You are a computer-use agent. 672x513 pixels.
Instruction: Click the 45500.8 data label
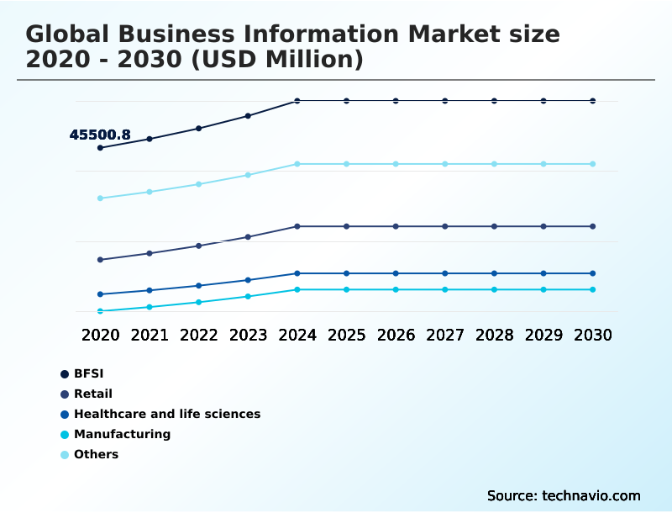[100, 135]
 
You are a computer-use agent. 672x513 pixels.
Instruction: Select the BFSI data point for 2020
[100, 148]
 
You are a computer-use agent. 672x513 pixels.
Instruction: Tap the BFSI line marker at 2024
[297, 101]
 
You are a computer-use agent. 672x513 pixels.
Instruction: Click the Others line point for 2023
[248, 175]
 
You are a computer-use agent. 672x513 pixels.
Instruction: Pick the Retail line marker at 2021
[150, 253]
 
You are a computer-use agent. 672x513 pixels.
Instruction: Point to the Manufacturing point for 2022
[199, 302]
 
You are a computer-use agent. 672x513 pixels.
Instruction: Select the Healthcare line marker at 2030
[593, 273]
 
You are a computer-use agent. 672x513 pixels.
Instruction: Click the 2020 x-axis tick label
[100, 335]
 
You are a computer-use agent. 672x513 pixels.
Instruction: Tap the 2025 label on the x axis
[346, 335]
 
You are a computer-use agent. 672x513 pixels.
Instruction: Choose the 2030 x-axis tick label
[593, 335]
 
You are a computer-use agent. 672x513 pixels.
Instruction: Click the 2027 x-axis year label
[445, 335]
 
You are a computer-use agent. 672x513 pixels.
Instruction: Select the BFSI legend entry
[88, 373]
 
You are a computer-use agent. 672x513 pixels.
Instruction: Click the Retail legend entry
[92, 394]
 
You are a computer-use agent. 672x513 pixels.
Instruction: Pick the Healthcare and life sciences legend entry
[166, 414]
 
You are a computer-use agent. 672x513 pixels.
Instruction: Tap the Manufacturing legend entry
[122, 434]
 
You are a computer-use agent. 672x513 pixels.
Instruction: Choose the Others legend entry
[96, 454]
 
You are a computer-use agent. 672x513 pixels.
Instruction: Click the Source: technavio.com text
[564, 495]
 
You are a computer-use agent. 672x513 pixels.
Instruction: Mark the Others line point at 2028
[494, 164]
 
